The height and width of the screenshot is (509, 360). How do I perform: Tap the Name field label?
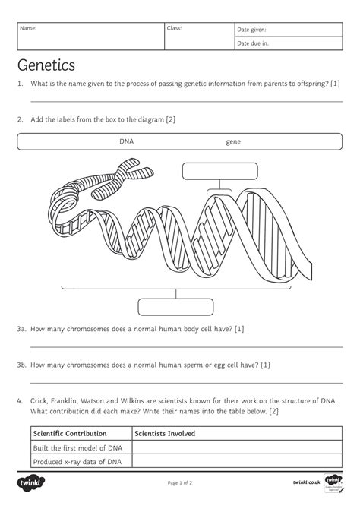(x=27, y=29)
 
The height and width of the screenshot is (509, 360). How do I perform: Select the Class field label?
(x=174, y=29)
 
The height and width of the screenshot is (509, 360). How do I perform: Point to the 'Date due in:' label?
(x=253, y=44)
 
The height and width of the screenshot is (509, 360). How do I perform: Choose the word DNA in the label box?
(x=126, y=141)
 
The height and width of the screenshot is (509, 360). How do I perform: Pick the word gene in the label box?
(x=233, y=141)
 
